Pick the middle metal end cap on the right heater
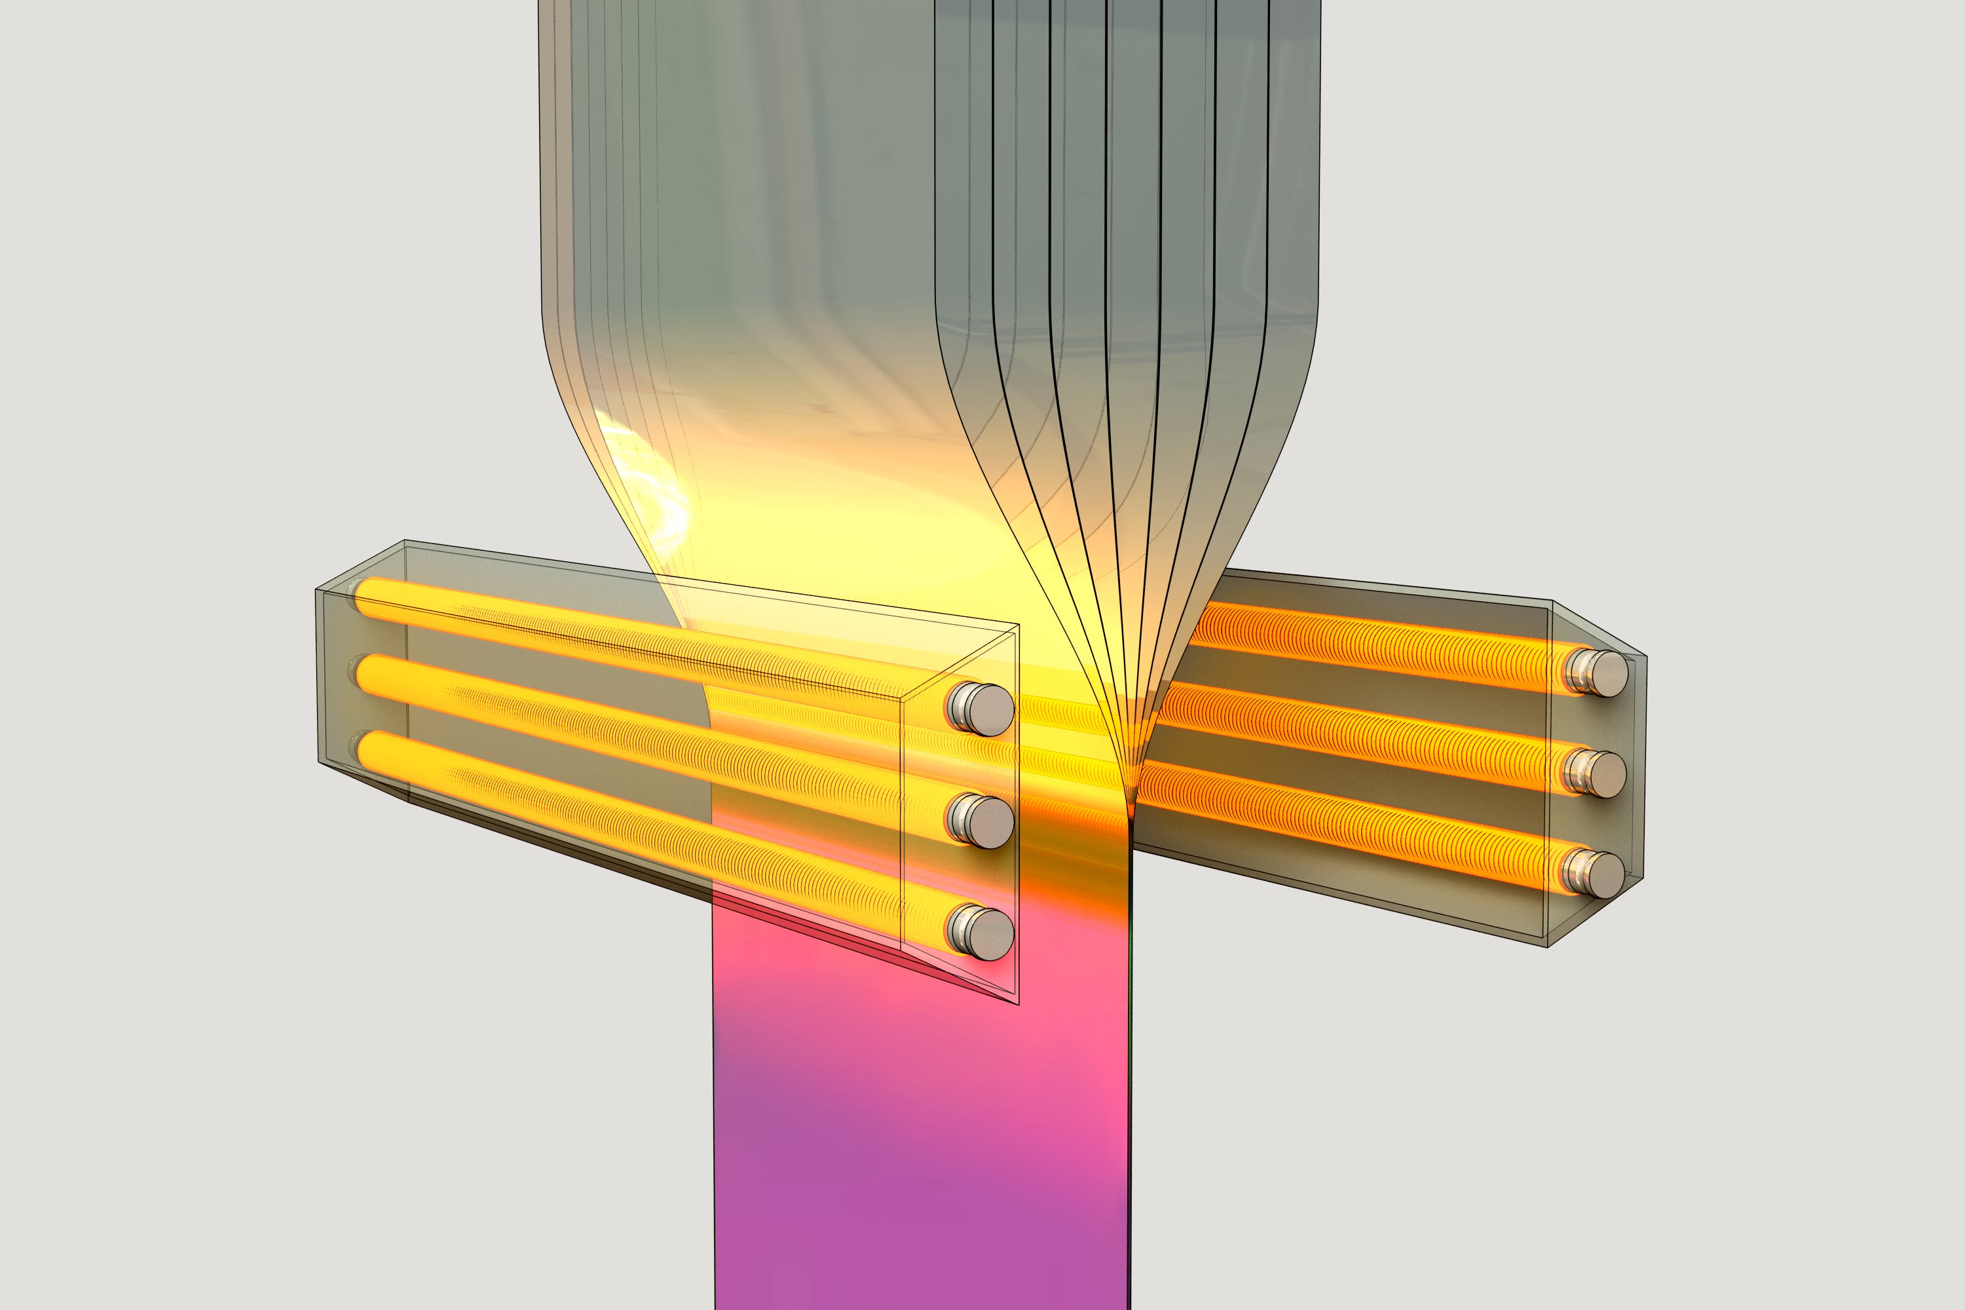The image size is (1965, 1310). [x=1598, y=773]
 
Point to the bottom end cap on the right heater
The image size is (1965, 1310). [x=1598, y=873]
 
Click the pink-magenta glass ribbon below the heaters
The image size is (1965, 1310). [x=919, y=1128]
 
